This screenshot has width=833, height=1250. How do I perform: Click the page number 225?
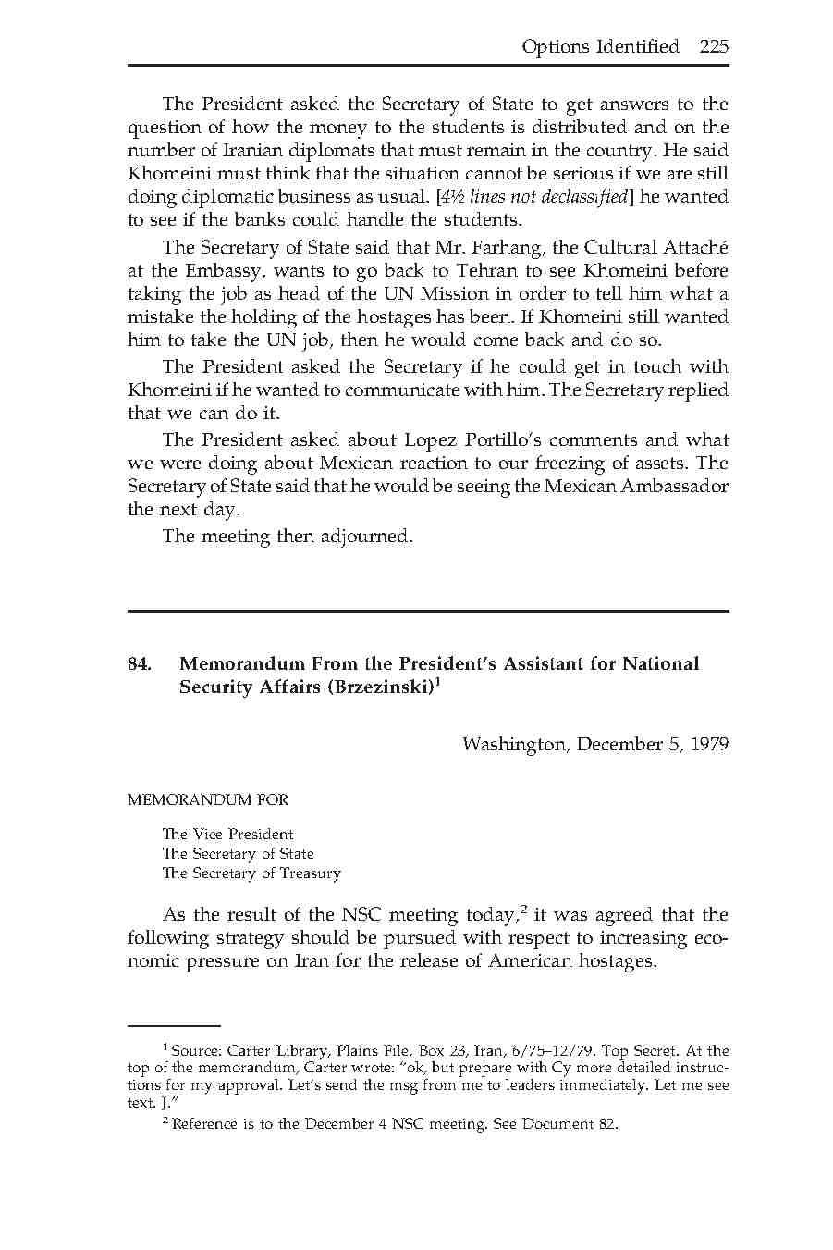click(x=714, y=46)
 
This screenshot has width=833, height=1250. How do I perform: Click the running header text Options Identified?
click(x=600, y=46)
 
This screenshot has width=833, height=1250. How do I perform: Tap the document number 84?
click(x=139, y=663)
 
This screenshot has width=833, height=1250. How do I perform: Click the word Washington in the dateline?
click(x=513, y=745)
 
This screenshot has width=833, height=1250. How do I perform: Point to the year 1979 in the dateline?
click(x=708, y=745)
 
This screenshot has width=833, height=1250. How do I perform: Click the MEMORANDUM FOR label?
click(x=207, y=799)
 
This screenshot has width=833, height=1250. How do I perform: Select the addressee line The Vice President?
click(x=227, y=834)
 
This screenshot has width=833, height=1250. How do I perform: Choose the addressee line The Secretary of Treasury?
click(x=251, y=873)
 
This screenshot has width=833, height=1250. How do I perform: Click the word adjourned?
click(x=366, y=536)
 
